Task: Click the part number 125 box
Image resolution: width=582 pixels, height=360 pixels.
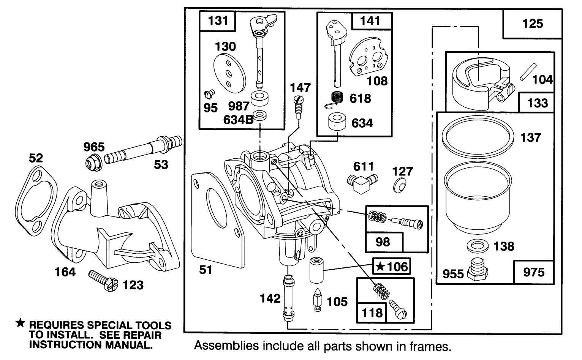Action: [532, 24]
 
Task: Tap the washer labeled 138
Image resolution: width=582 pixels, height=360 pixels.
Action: [476, 245]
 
